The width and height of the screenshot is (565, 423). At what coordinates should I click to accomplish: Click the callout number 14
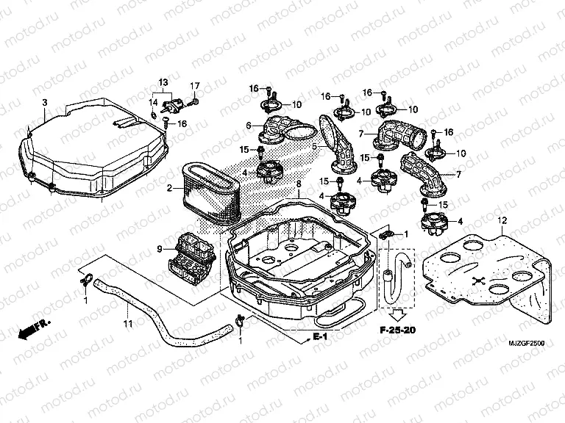154,102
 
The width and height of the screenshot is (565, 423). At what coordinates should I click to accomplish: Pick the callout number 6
249,125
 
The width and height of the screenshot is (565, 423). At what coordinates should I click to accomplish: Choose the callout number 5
313,147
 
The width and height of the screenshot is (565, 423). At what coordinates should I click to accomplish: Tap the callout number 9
160,250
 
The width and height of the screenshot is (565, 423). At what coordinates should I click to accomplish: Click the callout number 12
502,220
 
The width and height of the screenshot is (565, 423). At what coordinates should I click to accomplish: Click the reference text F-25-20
397,330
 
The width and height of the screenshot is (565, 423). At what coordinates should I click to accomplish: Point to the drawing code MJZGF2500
530,343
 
